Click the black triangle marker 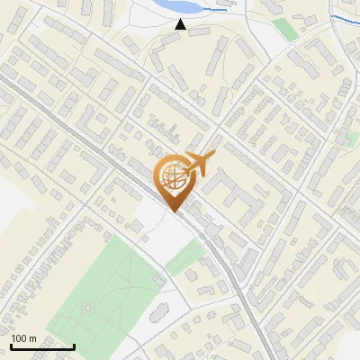click(181, 25)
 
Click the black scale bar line click(42, 346)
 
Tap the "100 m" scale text click(24, 338)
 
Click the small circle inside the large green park click(88, 309)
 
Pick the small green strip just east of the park click(185, 259)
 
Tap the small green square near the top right click(284, 29)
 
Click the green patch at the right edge click(351, 139)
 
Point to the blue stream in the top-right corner click(342, 19)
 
